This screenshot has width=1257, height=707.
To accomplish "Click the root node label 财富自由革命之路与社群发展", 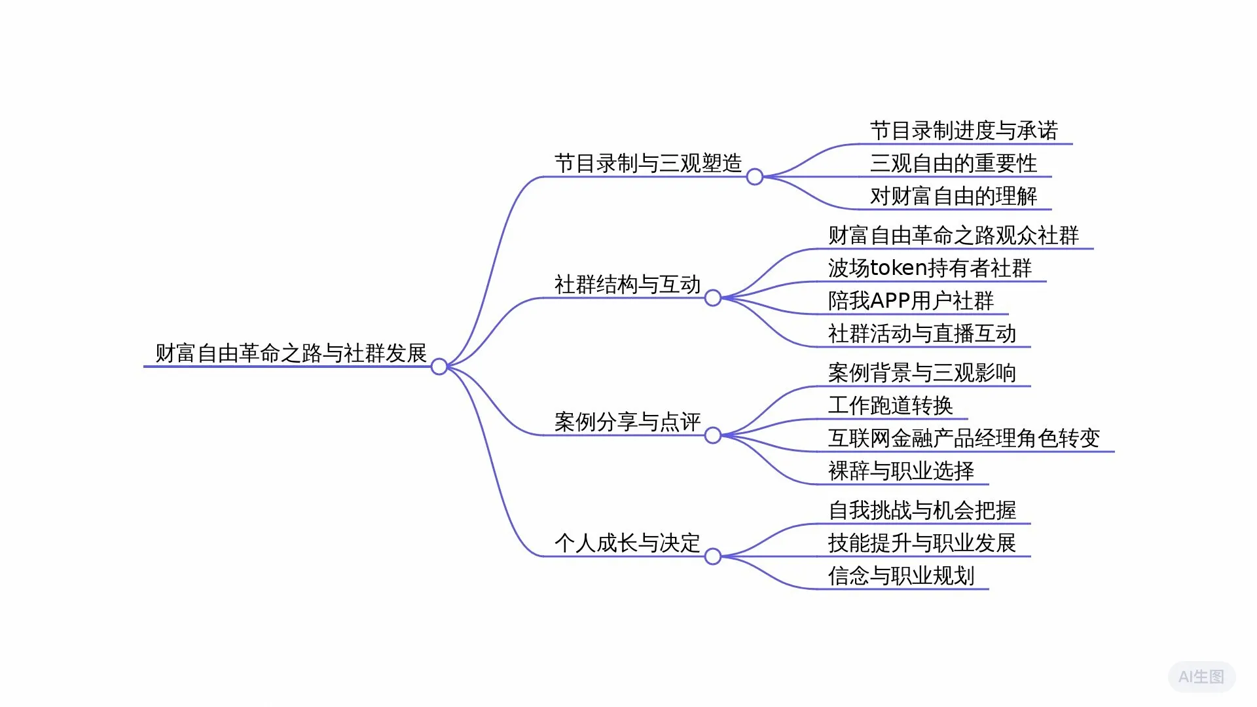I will (291, 353).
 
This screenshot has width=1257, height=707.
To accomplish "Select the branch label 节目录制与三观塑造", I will (647, 164).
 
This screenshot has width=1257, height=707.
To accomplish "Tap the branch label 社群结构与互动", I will (627, 285).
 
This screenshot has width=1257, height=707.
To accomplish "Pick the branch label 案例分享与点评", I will (627, 422).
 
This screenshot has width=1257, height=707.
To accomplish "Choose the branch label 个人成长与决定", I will (627, 543).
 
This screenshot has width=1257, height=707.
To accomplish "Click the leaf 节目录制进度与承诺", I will (964, 131).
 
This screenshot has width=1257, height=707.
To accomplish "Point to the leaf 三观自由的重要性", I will (953, 164).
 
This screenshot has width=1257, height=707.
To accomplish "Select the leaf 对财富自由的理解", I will (953, 196).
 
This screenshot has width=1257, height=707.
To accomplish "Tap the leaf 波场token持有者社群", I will (930, 268).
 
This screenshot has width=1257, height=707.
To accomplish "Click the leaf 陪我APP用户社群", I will (911, 301).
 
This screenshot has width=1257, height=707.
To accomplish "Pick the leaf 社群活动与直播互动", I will (922, 334).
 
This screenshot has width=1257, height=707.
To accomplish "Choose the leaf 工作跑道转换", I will (890, 406).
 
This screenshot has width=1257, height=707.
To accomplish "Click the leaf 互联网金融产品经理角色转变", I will (964, 439).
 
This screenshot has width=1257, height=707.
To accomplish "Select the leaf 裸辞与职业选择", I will (901, 471).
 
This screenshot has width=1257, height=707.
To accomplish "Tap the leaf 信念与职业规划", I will (901, 576).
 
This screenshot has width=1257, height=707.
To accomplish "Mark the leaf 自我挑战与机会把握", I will (922, 511).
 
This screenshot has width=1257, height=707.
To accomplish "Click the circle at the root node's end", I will (439, 367).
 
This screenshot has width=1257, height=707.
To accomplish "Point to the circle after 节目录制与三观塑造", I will (754, 177).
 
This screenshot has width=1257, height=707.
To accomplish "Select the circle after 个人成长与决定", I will (712, 556).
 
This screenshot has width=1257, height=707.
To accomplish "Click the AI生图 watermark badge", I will (1201, 677).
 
